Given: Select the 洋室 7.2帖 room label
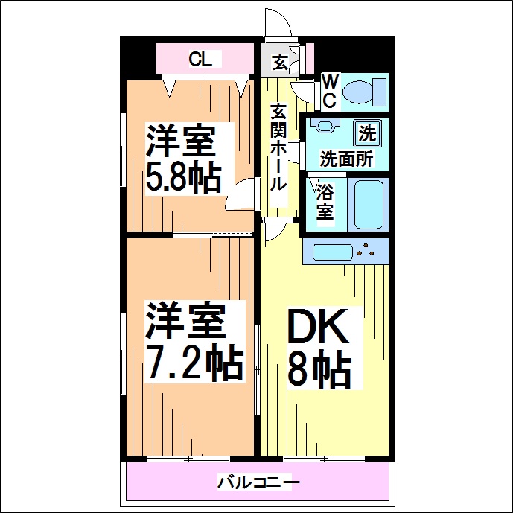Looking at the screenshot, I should coord(193,341).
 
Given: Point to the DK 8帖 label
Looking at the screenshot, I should coord(319,348).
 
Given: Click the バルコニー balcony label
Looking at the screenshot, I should coord(258,482).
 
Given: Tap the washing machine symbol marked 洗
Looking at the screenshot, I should coord(366,133).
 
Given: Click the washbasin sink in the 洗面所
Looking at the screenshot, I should coord(325,127).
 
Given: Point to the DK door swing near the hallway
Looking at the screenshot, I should coord(272,232).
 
